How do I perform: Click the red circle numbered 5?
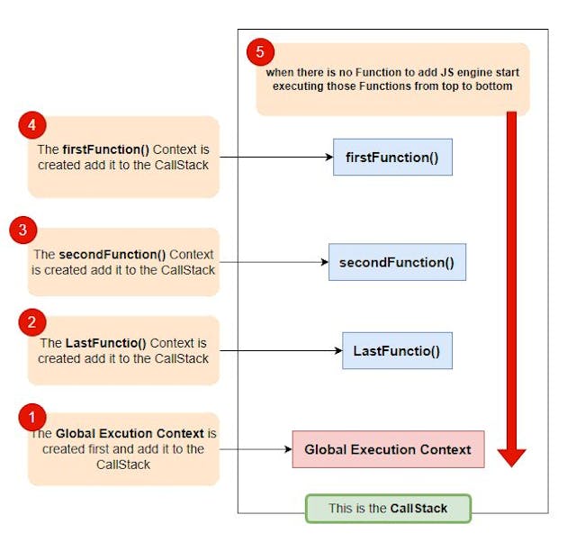[260, 51]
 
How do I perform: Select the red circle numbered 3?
[22, 230]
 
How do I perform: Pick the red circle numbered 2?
[32, 321]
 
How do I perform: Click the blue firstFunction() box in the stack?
[392, 157]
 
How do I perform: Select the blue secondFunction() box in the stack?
[397, 262]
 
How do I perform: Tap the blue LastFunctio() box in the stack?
[397, 350]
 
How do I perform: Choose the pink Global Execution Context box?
[388, 449]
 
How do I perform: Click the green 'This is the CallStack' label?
[388, 508]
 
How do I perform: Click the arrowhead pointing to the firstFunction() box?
[328, 157]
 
